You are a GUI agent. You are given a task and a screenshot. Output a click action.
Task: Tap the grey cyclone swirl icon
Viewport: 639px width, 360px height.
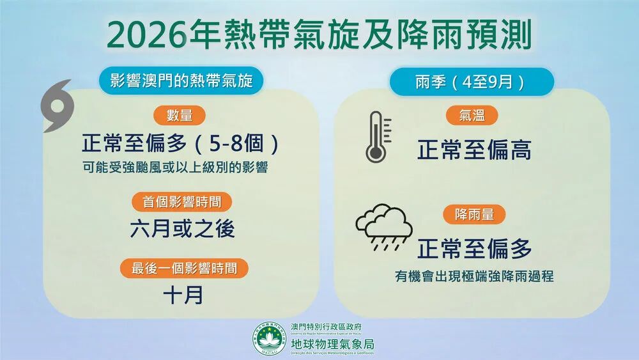click(59, 106)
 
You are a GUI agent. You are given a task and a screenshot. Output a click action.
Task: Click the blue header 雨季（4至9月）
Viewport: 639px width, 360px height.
click(472, 82)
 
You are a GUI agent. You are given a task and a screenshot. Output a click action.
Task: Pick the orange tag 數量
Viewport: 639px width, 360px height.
click(180, 116)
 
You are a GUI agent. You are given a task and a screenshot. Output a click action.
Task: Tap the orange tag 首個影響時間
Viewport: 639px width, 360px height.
click(181, 202)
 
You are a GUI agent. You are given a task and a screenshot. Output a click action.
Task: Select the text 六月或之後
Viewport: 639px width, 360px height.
click(183, 229)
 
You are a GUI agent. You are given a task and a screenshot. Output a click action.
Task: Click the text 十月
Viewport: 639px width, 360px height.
click(183, 295)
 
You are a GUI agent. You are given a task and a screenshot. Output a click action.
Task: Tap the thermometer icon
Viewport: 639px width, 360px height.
click(375, 137)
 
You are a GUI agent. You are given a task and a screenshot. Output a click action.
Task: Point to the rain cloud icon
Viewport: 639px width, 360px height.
click(383, 228)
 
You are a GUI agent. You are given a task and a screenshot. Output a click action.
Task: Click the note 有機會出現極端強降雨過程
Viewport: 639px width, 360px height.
click(473, 276)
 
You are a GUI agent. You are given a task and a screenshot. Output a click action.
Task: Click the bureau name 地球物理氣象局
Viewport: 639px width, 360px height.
click(332, 344)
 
